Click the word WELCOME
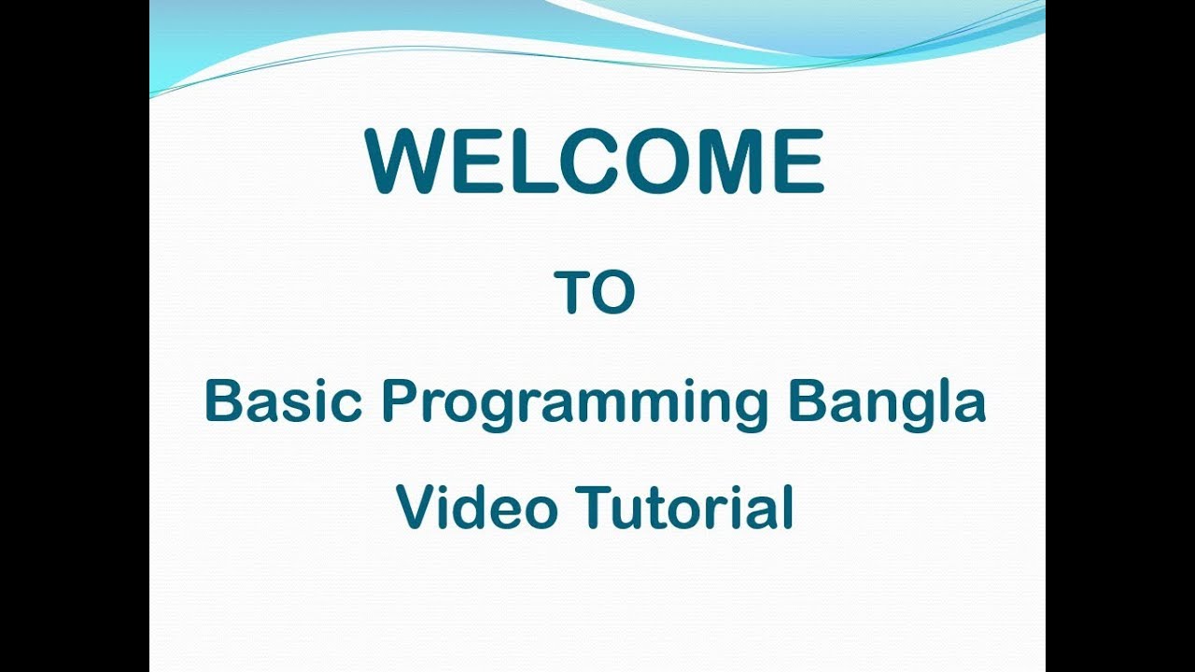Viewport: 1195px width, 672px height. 595,162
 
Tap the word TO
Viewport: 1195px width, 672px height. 595,292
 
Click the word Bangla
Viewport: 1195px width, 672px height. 887,404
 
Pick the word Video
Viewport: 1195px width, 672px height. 477,509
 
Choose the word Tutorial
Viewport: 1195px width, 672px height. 684,509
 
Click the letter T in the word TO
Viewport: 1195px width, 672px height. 573,292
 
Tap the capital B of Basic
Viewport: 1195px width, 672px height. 223,402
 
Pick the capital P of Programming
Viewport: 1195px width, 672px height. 400,402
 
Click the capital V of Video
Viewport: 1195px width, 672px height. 416,509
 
